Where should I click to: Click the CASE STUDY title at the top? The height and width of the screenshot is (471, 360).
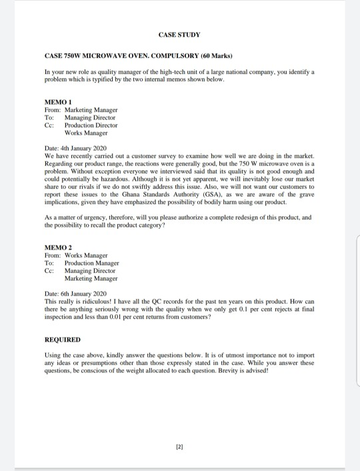click(180, 34)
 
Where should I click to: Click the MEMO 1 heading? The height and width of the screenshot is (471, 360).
click(57, 101)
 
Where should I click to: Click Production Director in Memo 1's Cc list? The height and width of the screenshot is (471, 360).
click(91, 125)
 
